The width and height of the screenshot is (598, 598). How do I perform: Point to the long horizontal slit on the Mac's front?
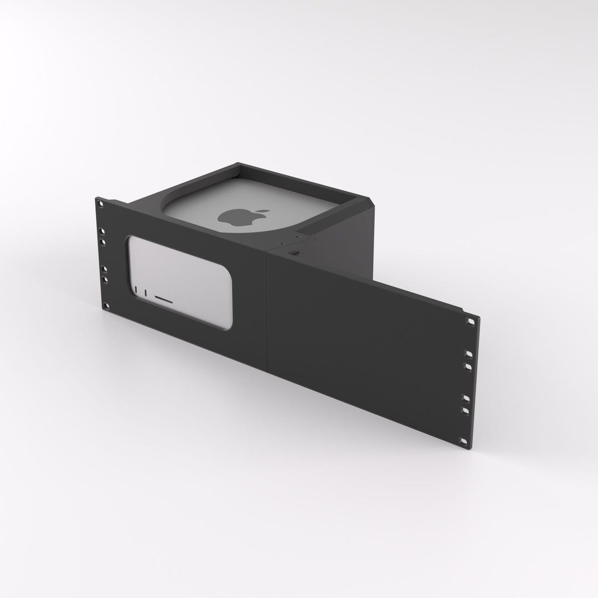(x=164, y=300)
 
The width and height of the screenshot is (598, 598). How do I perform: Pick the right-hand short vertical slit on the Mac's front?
(x=145, y=292)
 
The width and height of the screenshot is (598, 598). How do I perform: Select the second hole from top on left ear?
(x=102, y=231)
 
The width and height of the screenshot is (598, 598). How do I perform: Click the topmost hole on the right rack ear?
(x=471, y=321)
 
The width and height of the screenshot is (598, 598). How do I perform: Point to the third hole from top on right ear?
(x=468, y=366)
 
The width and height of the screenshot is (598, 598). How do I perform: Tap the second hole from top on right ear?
(x=469, y=353)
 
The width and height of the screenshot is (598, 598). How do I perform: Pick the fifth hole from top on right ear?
(x=466, y=410)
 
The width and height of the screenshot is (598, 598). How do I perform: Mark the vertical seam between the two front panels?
(x=267, y=310)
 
